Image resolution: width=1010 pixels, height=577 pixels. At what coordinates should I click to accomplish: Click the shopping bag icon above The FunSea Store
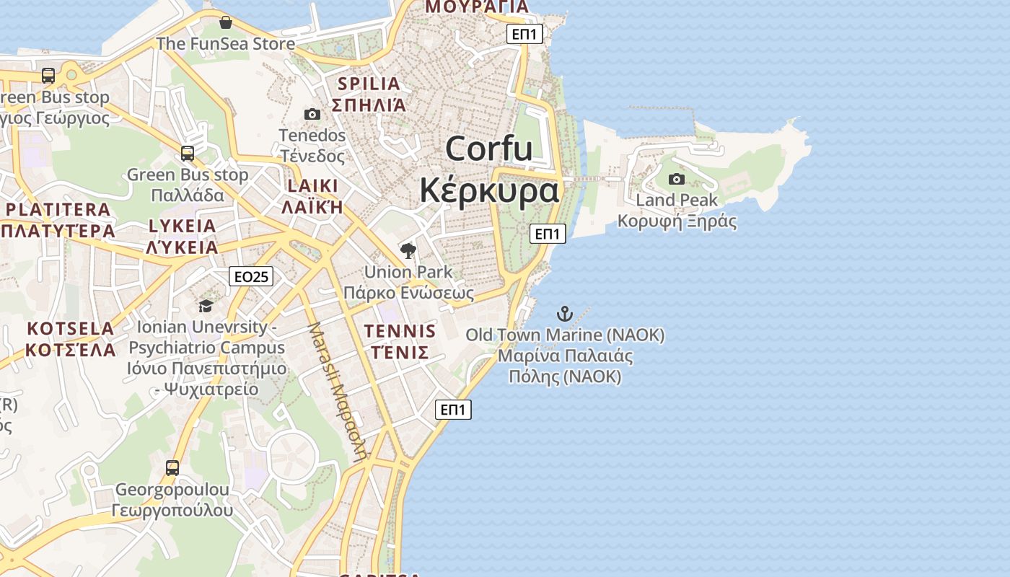coord(226,22)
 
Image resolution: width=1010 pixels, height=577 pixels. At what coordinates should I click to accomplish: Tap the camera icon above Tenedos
coord(312,114)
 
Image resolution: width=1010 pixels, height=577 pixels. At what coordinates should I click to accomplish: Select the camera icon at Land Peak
coord(677,179)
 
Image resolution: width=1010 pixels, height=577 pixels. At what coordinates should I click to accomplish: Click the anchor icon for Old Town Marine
coord(565,314)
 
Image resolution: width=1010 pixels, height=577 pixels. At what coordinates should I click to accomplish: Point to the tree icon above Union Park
coord(408,251)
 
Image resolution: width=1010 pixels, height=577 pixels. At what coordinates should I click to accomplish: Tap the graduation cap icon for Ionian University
coord(206,306)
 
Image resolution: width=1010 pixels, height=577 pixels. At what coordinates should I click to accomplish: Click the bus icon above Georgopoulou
coord(172,467)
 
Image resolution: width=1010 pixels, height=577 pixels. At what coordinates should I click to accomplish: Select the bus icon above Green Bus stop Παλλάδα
coord(188,153)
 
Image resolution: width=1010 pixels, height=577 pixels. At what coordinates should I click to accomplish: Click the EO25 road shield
coord(251,276)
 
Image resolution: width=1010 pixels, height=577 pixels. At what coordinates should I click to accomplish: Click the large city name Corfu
coord(489,149)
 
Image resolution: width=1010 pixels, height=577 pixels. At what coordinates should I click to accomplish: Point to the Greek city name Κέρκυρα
coord(489,190)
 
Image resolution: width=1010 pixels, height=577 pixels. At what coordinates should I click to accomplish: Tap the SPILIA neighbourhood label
coord(369,84)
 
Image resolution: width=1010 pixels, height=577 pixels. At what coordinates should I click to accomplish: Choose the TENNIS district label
coord(400,332)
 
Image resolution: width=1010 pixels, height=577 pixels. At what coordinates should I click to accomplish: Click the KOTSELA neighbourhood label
coord(71,329)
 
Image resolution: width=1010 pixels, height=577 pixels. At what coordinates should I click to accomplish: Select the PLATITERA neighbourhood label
coord(59,210)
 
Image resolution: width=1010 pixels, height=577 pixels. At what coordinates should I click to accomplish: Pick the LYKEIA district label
coord(182,226)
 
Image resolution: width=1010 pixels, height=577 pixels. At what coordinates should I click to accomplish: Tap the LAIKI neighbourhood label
coord(312,186)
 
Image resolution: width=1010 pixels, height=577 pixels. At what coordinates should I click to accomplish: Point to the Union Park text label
coord(408,273)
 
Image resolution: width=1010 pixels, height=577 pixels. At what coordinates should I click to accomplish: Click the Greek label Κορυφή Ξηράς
coord(677,221)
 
